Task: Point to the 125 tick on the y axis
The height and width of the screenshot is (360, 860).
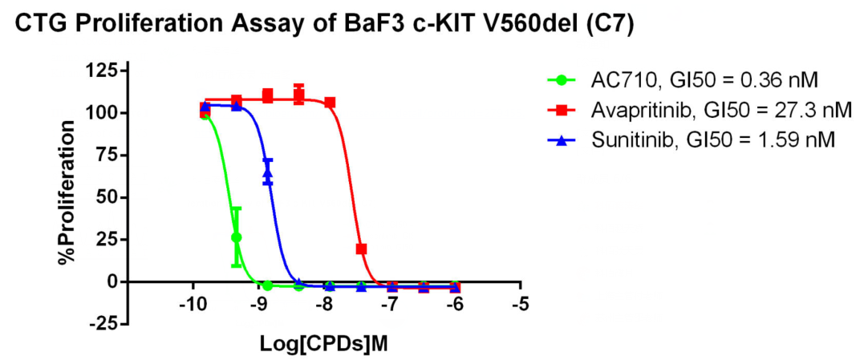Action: point(100,71)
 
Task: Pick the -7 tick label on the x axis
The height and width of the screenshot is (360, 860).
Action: point(390,304)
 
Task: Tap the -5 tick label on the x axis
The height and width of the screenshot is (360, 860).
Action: point(521,304)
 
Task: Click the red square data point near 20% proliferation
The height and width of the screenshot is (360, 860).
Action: point(361,249)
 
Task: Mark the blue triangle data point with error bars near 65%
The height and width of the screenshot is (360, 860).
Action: point(268,172)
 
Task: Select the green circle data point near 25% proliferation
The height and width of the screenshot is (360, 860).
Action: point(236,237)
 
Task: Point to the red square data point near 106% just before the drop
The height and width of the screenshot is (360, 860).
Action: point(330,103)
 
